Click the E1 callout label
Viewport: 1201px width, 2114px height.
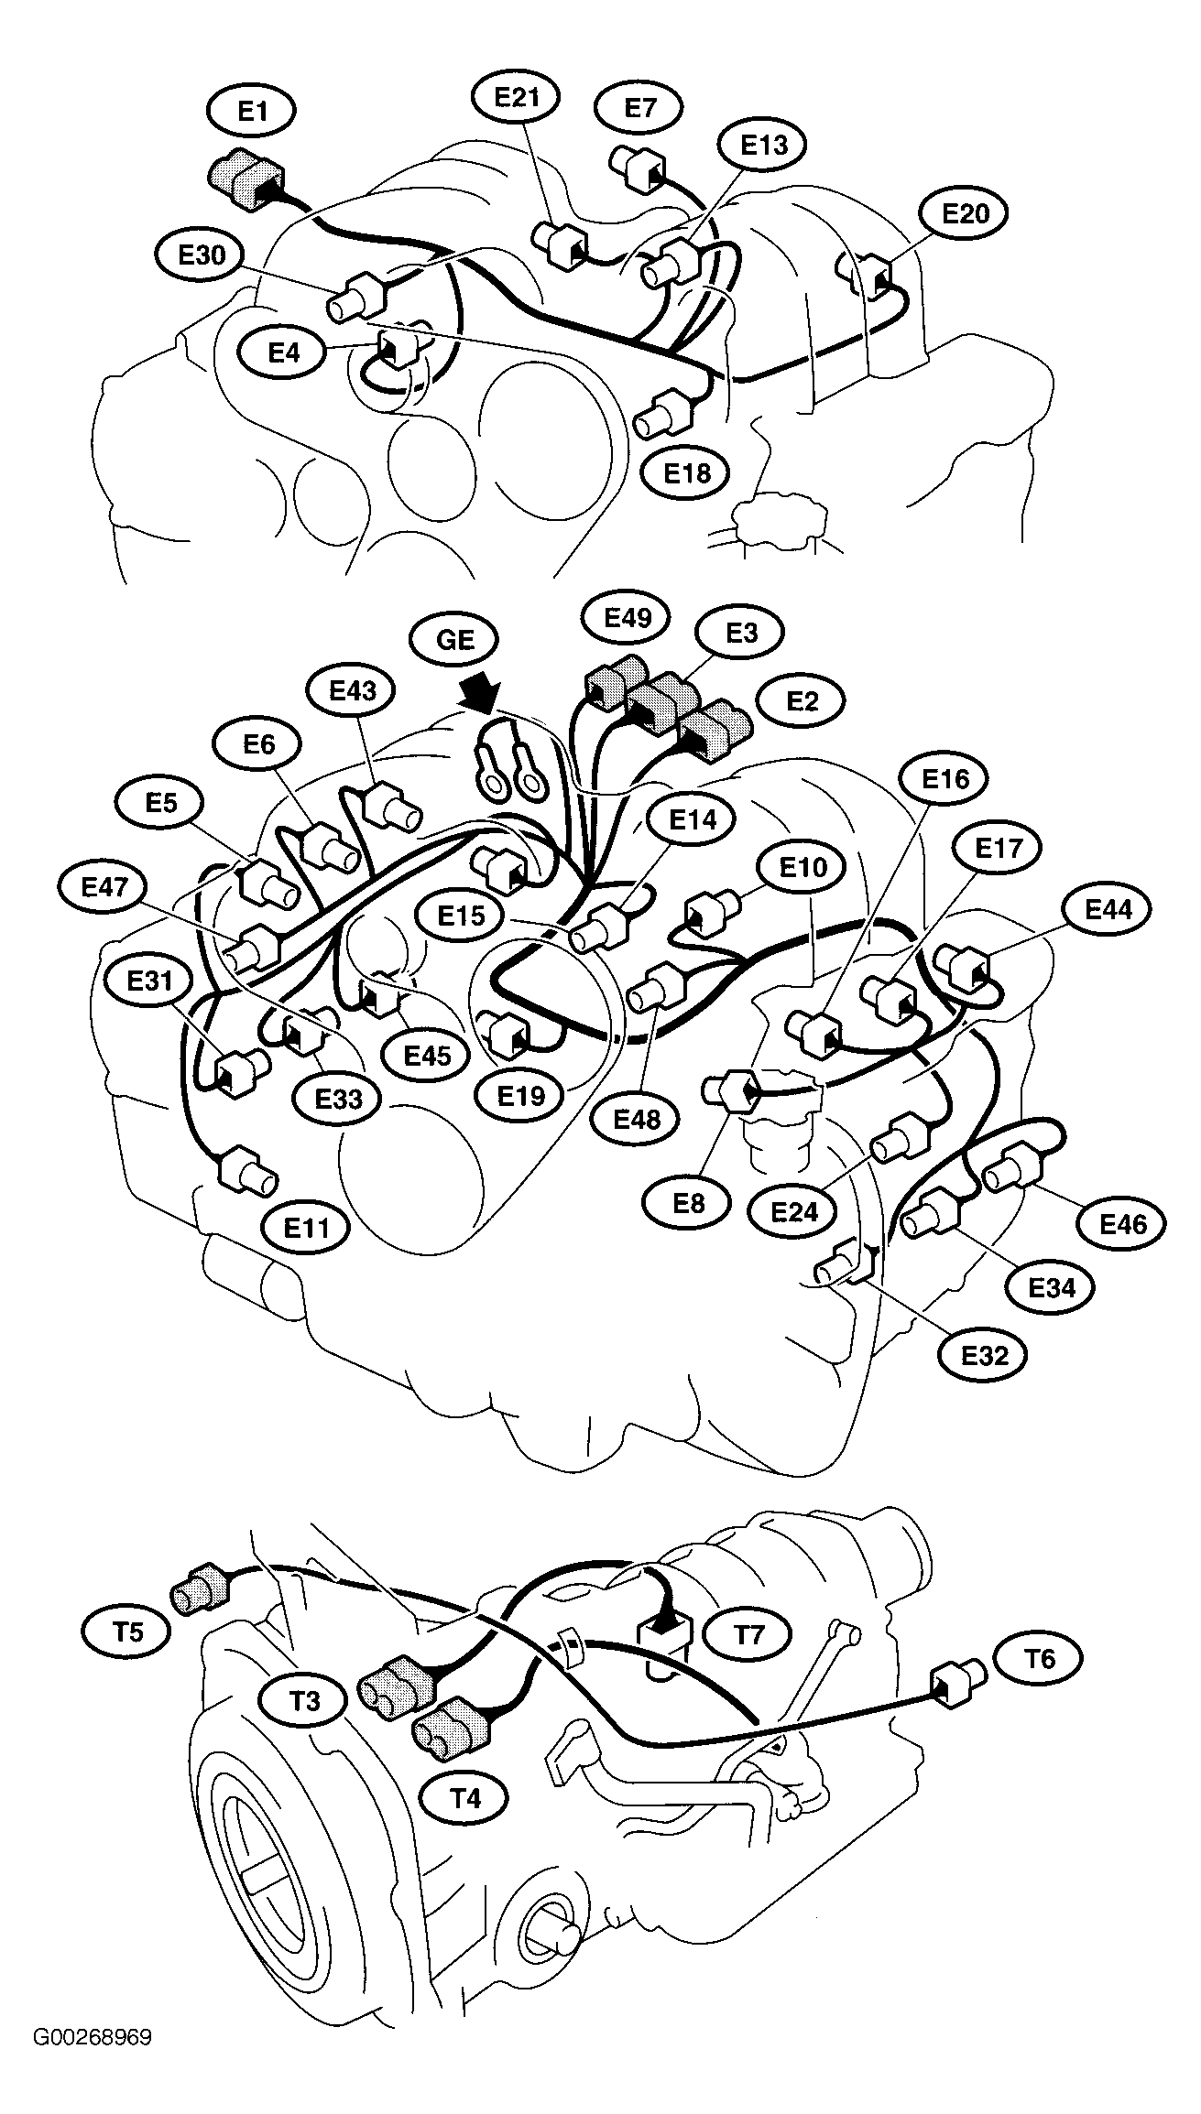click(252, 112)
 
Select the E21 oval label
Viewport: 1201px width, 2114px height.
click(518, 98)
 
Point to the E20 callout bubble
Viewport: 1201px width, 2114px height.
click(966, 213)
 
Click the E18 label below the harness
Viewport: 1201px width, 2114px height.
click(687, 473)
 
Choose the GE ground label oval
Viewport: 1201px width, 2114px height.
click(455, 639)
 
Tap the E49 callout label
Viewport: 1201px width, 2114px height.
click(628, 617)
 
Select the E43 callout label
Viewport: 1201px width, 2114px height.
click(354, 690)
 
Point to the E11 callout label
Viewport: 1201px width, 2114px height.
click(306, 1227)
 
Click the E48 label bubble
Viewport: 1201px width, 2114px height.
click(639, 1118)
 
